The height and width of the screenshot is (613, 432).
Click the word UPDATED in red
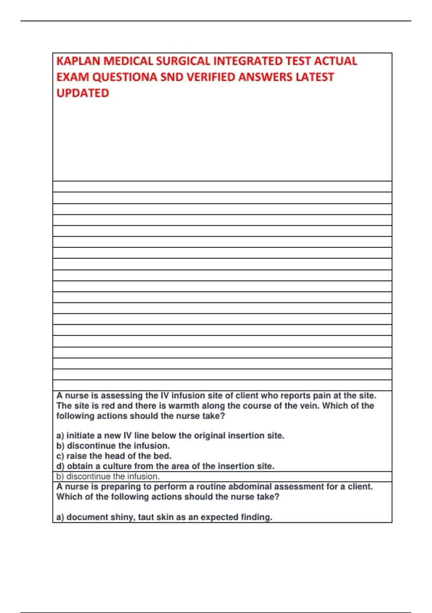pyautogui.click(x=83, y=93)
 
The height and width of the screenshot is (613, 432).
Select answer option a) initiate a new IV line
pyautogui.click(x=170, y=436)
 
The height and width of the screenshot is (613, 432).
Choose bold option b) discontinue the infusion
pyautogui.click(x=113, y=446)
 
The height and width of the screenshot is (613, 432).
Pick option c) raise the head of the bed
pyautogui.click(x=114, y=456)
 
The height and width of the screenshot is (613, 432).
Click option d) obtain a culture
pyautogui.click(x=165, y=466)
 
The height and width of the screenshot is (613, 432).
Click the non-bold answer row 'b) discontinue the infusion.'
pyautogui.click(x=108, y=476)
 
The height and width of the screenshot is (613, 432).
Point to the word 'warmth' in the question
pyautogui.click(x=184, y=406)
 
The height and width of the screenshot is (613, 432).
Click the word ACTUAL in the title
pyautogui.click(x=336, y=61)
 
